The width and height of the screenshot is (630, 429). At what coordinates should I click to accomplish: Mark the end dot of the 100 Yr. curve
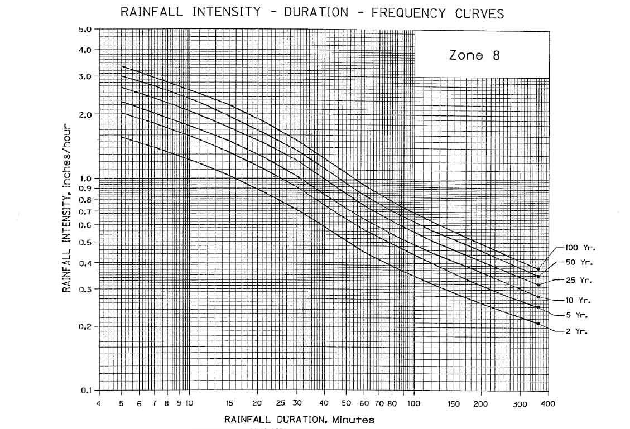[538, 269]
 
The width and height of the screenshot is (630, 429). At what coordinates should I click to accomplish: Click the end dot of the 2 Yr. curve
[538, 324]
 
